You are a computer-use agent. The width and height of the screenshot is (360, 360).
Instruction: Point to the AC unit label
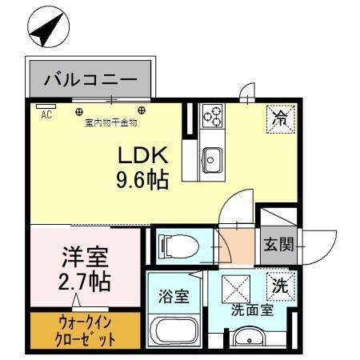click(46, 114)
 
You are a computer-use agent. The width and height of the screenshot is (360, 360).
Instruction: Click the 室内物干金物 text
click(110, 123)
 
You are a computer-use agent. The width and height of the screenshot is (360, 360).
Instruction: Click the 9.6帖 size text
click(143, 181)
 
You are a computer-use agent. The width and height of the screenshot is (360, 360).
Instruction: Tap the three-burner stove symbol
click(212, 118)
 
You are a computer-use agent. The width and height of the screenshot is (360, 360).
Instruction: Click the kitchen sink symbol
click(211, 157)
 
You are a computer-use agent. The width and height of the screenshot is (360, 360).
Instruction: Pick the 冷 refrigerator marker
click(280, 120)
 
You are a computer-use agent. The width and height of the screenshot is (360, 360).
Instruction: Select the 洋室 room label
click(84, 258)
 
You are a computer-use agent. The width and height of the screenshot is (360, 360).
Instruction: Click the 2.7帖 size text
click(84, 282)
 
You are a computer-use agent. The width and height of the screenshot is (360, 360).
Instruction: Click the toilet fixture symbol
click(175, 246)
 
